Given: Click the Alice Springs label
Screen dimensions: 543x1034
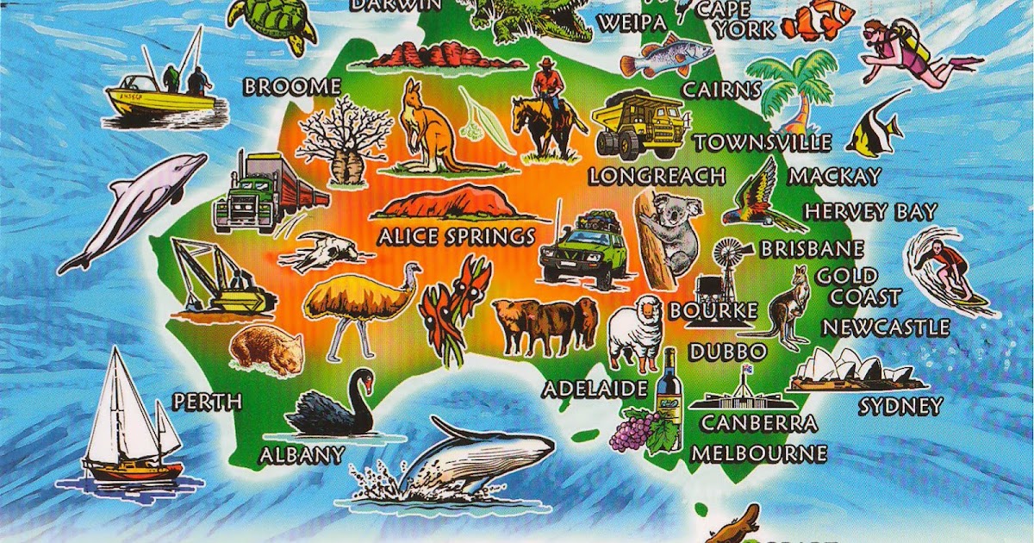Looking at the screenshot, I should (456, 236).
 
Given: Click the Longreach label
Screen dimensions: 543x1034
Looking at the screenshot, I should (657, 177).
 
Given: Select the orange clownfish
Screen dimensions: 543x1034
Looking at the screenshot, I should (818, 21).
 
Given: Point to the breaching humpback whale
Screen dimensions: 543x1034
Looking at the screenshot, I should (474, 457).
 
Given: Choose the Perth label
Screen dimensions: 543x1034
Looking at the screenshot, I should (208, 402).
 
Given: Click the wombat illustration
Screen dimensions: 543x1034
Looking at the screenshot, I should (265, 348).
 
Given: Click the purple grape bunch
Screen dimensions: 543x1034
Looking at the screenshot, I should (633, 431).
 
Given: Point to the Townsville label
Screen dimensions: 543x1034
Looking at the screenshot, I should (763, 142).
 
